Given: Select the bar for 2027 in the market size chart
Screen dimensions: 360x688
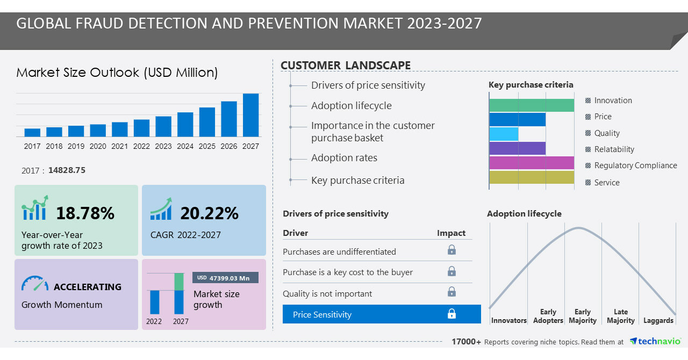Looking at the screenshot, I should [250, 115].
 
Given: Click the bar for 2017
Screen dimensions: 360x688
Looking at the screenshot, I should [32, 132].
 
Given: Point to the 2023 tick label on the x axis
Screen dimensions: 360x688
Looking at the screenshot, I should [163, 146].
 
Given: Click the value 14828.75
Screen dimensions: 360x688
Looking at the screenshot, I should [67, 170].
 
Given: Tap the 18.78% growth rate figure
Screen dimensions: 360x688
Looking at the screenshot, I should [85, 213].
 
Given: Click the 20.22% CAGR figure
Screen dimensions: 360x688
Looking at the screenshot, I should [209, 213].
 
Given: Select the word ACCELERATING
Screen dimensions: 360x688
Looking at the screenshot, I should [88, 287].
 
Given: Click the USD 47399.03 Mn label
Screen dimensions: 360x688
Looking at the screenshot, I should [225, 278].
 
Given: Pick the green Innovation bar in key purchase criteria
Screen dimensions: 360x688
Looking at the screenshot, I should [532, 105].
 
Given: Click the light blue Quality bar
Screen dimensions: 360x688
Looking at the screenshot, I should [504, 134].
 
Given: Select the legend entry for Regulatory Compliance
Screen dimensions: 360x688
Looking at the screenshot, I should [635, 165].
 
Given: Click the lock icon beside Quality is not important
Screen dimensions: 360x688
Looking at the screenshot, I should [451, 292].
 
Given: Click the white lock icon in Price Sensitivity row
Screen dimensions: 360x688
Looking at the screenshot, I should [451, 314].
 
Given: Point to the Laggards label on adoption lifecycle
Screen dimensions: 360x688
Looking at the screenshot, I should [658, 320].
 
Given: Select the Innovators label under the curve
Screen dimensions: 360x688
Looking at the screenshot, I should [508, 320].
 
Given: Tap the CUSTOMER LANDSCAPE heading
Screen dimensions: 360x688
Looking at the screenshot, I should [346, 66].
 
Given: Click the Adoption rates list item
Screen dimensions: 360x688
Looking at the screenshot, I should [344, 158].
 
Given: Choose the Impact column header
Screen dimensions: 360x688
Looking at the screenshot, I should [451, 233].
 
